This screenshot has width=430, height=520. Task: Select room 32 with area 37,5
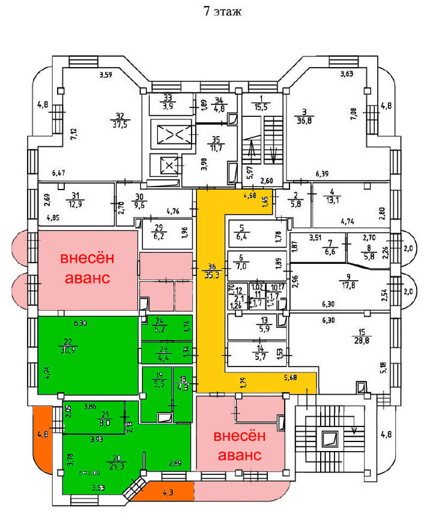pyautogui.click(x=120, y=121)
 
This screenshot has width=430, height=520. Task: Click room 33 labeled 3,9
pyautogui.click(x=168, y=102)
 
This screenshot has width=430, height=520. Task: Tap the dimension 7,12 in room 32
pyautogui.click(x=74, y=134)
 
